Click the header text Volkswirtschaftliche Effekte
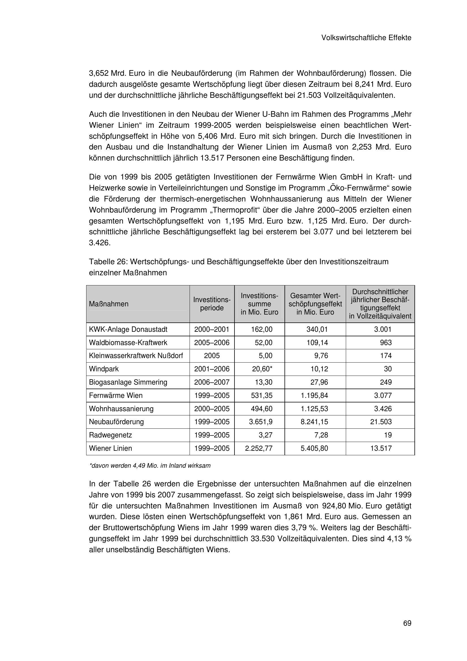366,38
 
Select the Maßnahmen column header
109,304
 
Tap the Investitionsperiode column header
212,304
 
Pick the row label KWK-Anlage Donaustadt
128,329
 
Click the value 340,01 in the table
317,329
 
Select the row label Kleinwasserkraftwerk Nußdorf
136,356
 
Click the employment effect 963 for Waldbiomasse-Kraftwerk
386,343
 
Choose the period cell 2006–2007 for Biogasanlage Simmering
212,382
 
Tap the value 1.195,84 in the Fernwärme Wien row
314,396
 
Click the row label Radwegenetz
110,435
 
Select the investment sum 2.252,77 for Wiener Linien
259,448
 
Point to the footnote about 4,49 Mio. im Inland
150,466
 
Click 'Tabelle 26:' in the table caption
108,262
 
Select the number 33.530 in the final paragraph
263,539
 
